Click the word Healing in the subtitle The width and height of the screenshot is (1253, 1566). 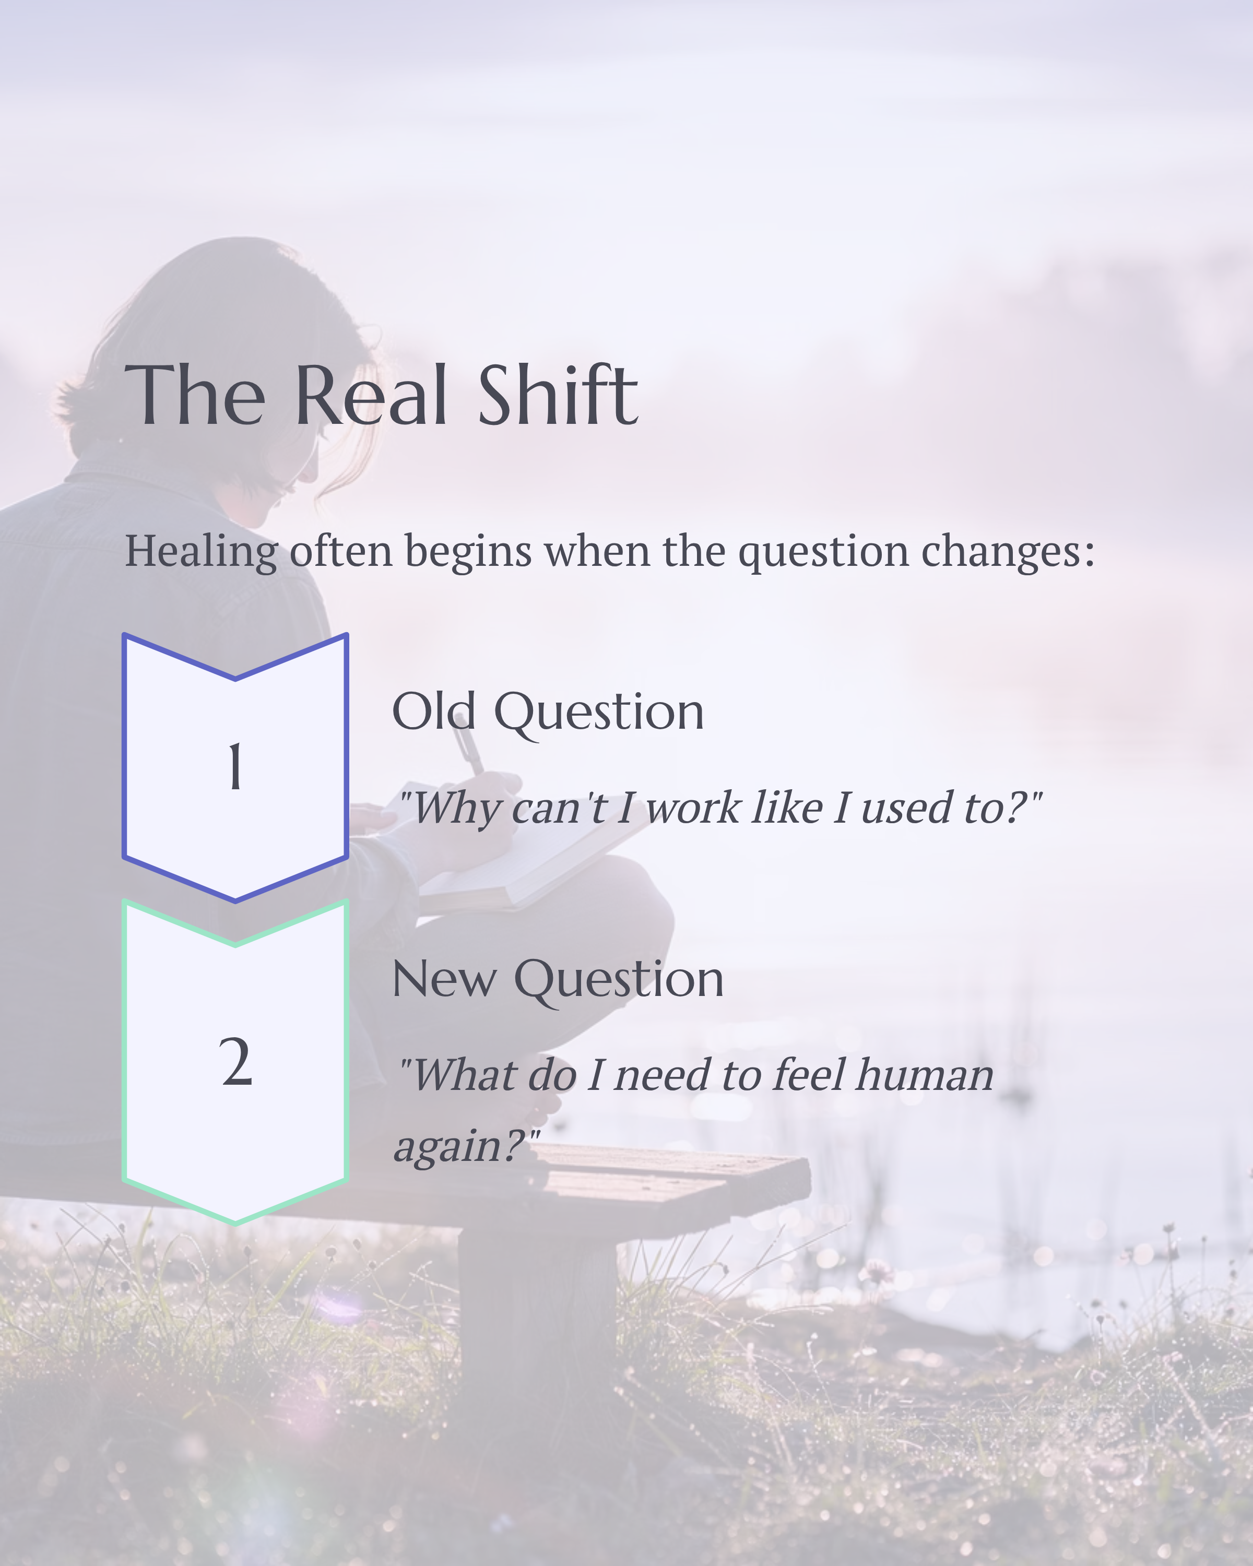point(201,551)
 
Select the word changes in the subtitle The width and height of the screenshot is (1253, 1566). point(1008,551)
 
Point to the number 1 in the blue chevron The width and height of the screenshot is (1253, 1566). point(234,767)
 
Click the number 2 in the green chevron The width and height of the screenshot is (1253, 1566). point(235,1062)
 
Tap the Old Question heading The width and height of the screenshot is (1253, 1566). point(548,712)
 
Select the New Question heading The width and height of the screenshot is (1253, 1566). point(557,980)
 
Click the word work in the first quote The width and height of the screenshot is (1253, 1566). point(692,808)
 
